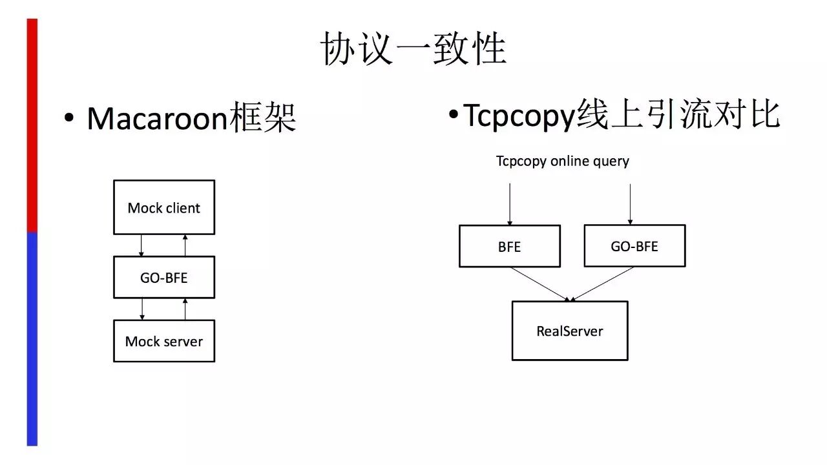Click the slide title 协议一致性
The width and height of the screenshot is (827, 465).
pos(413,49)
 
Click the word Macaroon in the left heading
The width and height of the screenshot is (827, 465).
pos(157,118)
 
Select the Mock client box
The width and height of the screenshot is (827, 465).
pos(164,207)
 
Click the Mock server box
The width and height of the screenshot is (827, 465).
pos(164,341)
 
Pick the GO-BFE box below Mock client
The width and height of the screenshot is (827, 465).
pos(164,277)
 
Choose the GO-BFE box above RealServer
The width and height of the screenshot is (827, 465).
pos(634,246)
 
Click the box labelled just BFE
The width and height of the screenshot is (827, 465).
pos(510,246)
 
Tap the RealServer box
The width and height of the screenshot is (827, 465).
pos(570,331)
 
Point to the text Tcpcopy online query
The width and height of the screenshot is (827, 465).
pos(563,161)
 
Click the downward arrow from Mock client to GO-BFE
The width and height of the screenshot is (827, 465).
pos(141,245)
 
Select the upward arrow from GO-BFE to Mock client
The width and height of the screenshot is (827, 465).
pos(185,245)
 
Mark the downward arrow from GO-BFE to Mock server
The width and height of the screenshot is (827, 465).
pos(142,309)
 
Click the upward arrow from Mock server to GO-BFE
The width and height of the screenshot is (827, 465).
pos(185,309)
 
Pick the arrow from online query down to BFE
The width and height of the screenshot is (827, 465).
pos(510,204)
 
